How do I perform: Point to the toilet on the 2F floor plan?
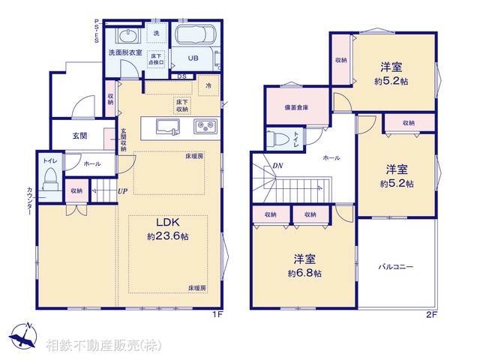click(x=280, y=139)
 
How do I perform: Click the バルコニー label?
click(x=395, y=267)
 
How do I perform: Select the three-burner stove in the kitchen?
click(x=205, y=125)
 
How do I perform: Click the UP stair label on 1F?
click(x=122, y=191)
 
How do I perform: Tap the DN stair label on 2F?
click(x=277, y=166)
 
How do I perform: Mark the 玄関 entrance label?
click(x=80, y=136)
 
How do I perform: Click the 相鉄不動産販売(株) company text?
click(x=103, y=345)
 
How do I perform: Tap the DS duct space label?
click(x=181, y=76)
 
